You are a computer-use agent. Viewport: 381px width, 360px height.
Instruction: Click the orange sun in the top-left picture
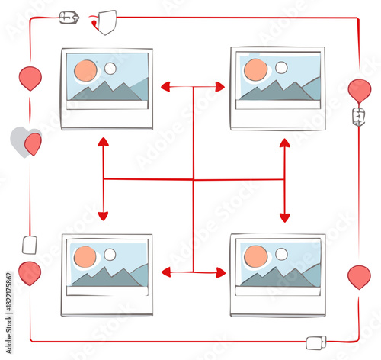pos(85,71)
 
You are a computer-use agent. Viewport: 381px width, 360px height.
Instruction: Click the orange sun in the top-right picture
pos(256,70)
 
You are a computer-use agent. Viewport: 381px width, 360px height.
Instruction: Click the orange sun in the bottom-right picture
pos(256,256)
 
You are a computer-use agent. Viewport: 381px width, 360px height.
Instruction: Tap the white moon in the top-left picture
pos(110,69)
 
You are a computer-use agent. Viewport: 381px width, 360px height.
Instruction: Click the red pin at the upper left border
pos(30,78)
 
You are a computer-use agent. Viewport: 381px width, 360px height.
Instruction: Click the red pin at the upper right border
pos(360,90)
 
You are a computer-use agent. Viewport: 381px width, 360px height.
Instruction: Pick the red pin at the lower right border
pos(359,276)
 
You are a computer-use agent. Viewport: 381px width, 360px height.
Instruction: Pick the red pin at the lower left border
pos(30,272)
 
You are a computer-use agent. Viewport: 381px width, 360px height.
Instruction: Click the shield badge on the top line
pos(107,21)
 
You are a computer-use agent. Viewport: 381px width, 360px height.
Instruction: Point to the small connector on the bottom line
pos(316,342)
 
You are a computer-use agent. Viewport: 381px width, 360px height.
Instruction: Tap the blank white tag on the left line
pos(30,245)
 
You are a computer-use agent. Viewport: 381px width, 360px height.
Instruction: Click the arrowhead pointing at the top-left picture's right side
pos(165,88)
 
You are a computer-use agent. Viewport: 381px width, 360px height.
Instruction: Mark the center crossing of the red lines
pos(194,179)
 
